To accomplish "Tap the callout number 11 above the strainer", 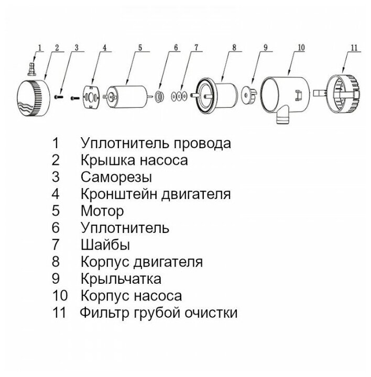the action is (354, 47).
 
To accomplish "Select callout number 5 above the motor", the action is (140, 48).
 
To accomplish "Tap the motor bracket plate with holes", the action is (91, 96).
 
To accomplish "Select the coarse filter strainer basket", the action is (341, 95).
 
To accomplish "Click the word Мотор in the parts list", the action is (103, 211).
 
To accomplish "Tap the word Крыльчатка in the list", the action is (121, 278).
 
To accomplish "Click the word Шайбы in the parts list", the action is (105, 245).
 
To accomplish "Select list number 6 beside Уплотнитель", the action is (56, 228).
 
